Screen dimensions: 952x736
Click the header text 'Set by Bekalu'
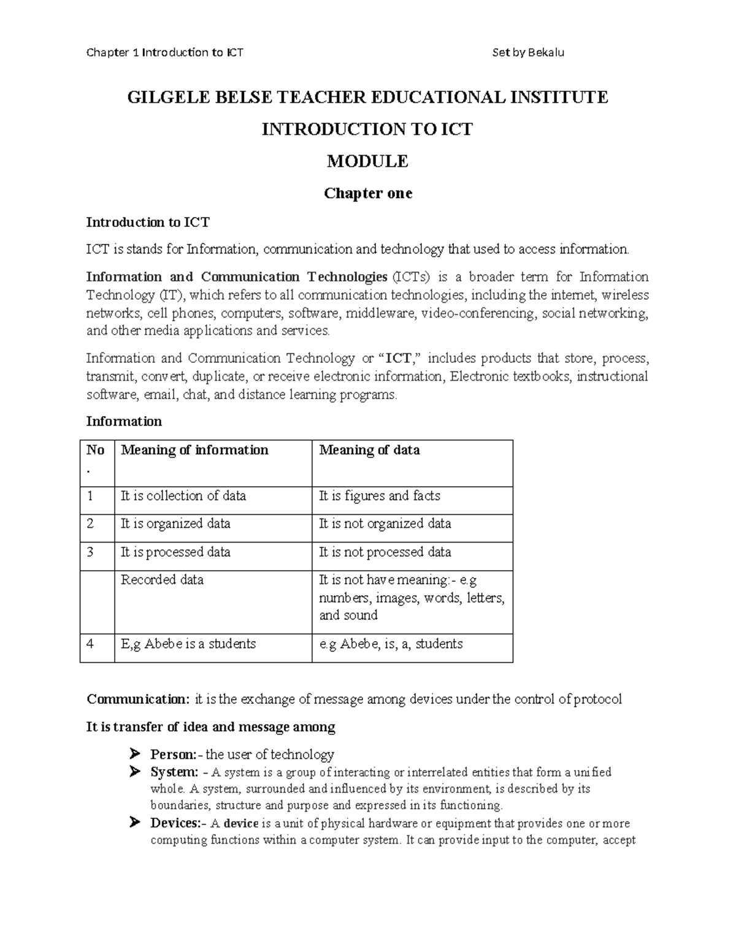(x=528, y=52)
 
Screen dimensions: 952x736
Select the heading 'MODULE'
(x=367, y=161)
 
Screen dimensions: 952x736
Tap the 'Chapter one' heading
(x=367, y=194)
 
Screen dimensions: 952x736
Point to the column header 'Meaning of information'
(x=194, y=451)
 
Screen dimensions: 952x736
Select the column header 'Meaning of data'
(x=369, y=451)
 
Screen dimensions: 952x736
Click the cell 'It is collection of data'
(x=183, y=496)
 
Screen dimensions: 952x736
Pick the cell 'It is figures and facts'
(x=380, y=496)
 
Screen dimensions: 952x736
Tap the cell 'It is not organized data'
(x=385, y=524)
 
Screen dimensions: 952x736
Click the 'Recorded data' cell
(x=162, y=580)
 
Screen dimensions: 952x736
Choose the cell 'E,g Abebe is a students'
(x=188, y=644)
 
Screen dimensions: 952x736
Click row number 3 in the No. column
(x=90, y=552)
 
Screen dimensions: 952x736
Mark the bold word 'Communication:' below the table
(x=139, y=699)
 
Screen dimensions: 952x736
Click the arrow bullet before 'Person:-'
(x=136, y=753)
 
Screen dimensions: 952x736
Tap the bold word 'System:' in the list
(x=174, y=772)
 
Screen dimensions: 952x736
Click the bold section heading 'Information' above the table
(x=124, y=422)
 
